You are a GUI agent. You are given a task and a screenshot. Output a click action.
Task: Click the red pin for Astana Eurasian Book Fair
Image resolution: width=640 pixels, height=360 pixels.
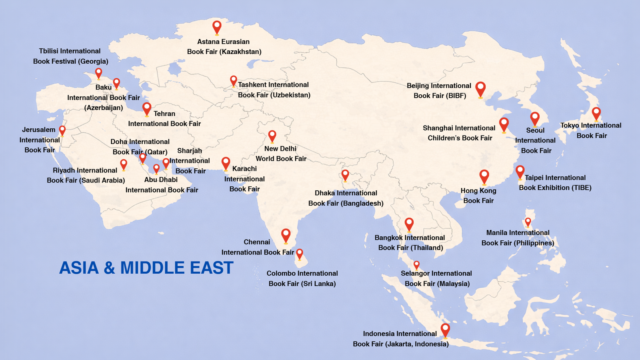click(x=217, y=27)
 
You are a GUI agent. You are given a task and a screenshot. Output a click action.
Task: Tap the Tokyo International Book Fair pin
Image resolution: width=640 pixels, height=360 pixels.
click(x=596, y=113)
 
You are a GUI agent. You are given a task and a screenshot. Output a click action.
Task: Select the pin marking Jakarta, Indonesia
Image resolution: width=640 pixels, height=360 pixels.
click(x=445, y=330)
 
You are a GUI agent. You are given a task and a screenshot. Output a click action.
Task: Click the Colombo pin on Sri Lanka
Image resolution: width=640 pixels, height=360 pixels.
click(x=300, y=253)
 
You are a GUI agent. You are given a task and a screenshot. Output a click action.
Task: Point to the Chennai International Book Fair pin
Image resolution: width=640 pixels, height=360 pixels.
click(x=286, y=235)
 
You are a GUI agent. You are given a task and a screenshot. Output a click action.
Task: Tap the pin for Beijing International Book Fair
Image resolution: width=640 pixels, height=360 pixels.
click(x=480, y=89)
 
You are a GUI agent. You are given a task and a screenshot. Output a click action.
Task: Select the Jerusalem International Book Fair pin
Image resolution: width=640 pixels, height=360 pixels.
click(x=62, y=130)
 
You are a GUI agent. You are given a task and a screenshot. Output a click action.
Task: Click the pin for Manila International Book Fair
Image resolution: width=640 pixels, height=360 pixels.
click(x=528, y=222)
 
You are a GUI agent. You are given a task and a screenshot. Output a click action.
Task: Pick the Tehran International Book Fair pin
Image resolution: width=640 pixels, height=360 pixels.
click(x=147, y=108)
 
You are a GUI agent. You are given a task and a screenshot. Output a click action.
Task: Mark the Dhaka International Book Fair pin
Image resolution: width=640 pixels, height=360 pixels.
click(x=345, y=174)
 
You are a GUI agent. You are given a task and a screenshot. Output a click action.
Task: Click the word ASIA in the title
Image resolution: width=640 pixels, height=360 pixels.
click(x=79, y=268)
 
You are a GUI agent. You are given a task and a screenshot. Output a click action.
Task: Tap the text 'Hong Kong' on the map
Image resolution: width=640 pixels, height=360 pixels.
click(x=478, y=191)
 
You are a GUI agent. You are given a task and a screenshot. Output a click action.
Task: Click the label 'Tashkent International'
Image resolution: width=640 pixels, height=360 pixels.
click(x=273, y=85)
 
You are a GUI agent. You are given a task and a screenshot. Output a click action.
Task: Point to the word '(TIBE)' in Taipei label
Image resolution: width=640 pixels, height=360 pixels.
click(x=581, y=188)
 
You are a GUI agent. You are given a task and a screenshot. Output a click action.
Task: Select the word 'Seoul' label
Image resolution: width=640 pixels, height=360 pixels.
click(x=535, y=130)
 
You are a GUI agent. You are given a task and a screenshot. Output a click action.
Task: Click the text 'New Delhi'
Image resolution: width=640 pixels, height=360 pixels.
click(x=280, y=148)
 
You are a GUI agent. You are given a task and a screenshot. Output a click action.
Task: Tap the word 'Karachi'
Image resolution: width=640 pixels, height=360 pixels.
click(x=244, y=169)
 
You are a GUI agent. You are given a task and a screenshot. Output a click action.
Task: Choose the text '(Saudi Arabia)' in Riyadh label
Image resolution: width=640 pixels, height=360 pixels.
click(x=102, y=180)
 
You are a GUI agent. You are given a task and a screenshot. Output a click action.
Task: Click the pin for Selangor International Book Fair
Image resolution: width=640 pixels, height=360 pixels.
click(x=416, y=265)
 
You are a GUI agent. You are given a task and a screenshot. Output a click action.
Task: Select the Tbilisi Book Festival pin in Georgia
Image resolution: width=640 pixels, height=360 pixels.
click(x=98, y=73)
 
